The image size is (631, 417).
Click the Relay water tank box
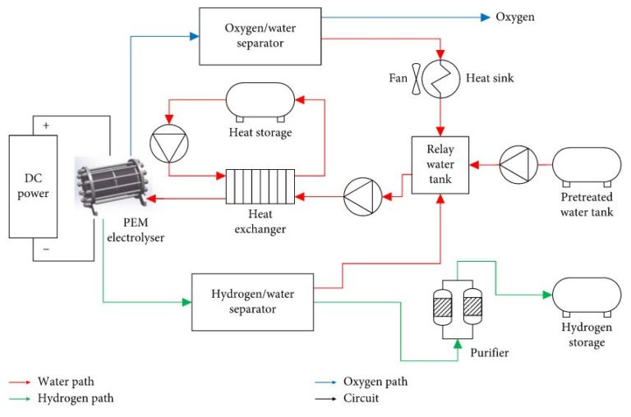440,165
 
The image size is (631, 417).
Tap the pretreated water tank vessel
587,166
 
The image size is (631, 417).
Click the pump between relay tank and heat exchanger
362,197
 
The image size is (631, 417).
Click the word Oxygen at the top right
515,16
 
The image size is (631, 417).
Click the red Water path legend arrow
21,382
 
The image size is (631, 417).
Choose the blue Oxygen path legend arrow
325,382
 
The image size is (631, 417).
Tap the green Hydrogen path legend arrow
21,399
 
